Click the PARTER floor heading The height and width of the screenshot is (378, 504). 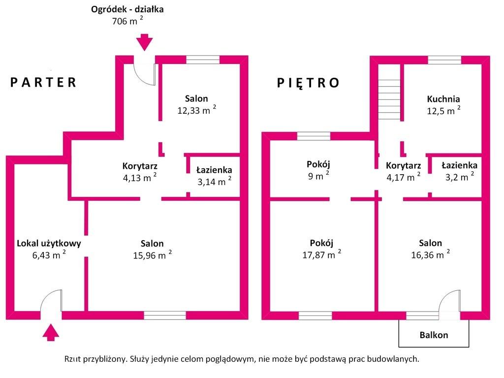(x=43, y=82)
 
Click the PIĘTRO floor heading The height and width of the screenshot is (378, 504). (x=308, y=83)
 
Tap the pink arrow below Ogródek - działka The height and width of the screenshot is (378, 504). (x=144, y=42)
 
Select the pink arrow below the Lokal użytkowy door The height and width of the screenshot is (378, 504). (x=51, y=332)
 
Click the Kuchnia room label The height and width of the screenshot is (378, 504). (x=443, y=99)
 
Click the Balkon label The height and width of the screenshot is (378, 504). (x=434, y=335)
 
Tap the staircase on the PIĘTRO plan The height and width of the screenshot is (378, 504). (x=389, y=99)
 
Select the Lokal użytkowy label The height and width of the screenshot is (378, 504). (x=49, y=243)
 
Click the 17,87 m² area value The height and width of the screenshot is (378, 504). (x=322, y=254)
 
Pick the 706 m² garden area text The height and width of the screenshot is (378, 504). (x=127, y=21)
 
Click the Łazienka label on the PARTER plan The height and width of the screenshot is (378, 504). (x=214, y=170)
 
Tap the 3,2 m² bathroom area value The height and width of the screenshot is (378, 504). (x=460, y=177)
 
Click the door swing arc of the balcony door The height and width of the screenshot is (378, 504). (x=444, y=296)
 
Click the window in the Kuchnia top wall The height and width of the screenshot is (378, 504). (x=444, y=60)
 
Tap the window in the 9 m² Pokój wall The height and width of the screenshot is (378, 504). (x=314, y=136)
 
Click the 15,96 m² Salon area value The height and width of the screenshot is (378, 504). (x=153, y=255)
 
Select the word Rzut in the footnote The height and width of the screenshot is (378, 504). (x=72, y=359)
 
